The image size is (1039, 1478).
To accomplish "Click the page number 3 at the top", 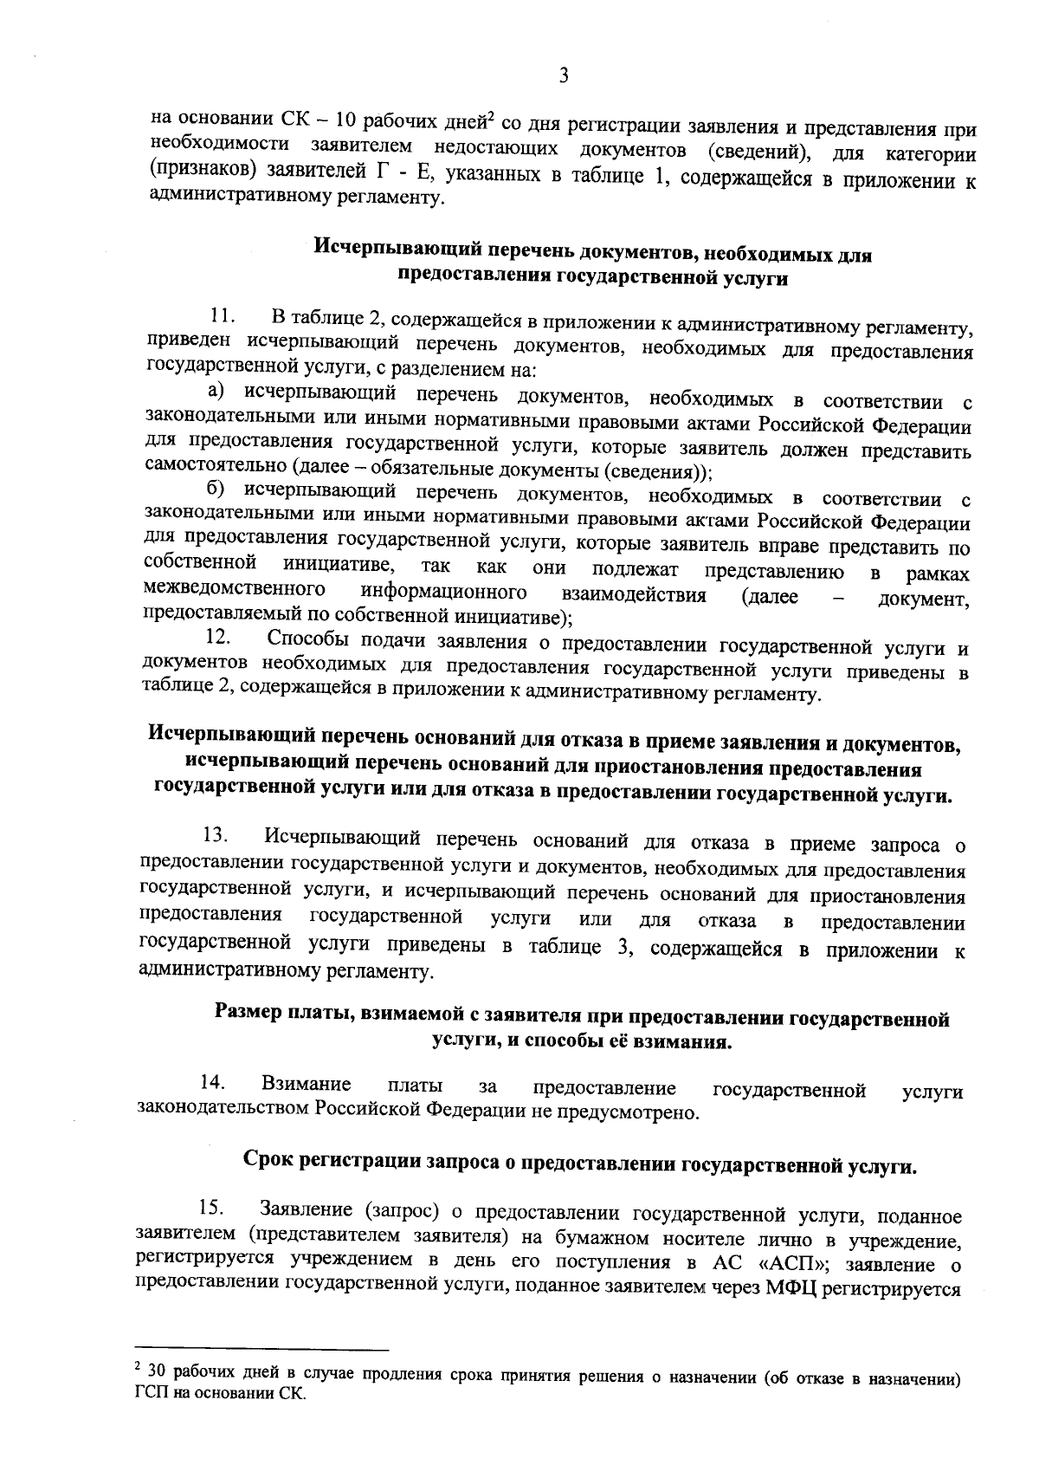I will [564, 76].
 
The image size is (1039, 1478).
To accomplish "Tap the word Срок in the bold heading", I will [267, 1161].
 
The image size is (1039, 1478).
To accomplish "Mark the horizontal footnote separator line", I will [263, 1349].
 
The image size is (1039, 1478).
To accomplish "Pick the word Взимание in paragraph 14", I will [306, 1085].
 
